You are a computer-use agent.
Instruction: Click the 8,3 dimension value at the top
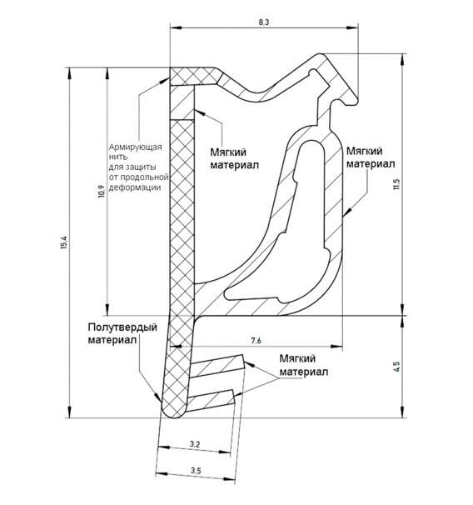(x=263, y=22)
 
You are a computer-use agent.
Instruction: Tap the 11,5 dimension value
(x=396, y=184)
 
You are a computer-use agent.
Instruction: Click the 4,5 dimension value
(x=396, y=367)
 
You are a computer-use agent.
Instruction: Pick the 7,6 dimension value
(x=256, y=341)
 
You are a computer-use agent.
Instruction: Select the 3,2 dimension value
(x=195, y=444)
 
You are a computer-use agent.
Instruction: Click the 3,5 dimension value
(x=196, y=471)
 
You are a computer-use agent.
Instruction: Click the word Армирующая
(x=135, y=147)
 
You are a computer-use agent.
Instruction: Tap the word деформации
(x=135, y=187)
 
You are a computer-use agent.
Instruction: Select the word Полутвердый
(x=122, y=327)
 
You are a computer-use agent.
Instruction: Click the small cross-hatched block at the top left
(x=196, y=76)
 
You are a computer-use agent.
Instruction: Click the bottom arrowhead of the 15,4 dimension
(x=69, y=412)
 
